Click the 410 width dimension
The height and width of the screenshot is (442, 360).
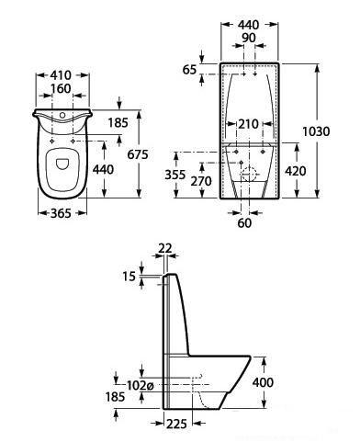61,75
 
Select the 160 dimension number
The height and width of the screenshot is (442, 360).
61,89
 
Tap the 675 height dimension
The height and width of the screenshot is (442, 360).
138,154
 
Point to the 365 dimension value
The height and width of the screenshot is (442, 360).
61,213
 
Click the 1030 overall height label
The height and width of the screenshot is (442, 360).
316,131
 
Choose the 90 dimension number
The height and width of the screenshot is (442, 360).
249,38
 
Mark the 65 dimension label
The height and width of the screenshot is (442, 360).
189,70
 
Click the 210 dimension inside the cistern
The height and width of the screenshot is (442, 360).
249,124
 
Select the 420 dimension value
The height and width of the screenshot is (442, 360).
296,171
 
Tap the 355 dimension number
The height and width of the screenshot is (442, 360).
175,175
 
